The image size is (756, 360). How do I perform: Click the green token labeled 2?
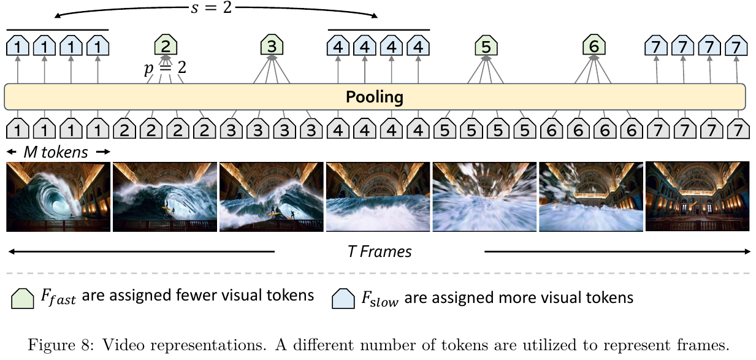[166, 45]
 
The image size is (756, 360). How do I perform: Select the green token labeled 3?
[272, 45]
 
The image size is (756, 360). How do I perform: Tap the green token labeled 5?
[486, 45]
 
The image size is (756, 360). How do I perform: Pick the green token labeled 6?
[594, 45]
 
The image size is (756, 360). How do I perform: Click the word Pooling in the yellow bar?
[375, 98]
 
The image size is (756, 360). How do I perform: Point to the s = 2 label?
[212, 7]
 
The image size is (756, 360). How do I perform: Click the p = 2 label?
[166, 68]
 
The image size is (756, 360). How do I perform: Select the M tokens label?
[56, 152]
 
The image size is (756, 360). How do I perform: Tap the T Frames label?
[380, 251]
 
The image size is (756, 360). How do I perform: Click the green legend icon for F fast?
[23, 299]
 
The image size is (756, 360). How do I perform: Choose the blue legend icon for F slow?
[343, 299]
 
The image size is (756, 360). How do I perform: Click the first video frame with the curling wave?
[58, 196]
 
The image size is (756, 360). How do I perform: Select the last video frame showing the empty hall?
[697, 196]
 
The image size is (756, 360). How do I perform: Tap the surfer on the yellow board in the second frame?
[166, 205]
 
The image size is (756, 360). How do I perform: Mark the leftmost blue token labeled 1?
[18, 45]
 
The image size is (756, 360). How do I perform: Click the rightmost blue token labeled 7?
[736, 45]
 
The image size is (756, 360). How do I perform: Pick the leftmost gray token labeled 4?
[338, 128]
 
